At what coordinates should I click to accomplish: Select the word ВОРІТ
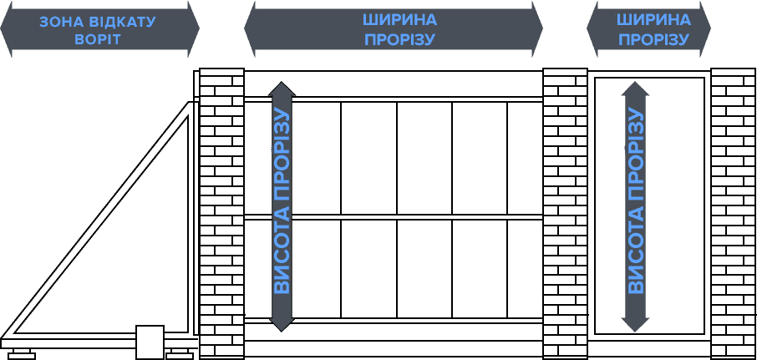click(x=98, y=39)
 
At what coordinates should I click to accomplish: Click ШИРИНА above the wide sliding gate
click(x=399, y=20)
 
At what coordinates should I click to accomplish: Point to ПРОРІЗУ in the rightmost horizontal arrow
click(x=653, y=39)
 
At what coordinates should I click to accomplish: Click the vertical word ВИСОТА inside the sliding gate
click(x=282, y=256)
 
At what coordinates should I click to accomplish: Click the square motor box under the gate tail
click(x=150, y=341)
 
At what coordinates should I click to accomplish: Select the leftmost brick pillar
click(x=221, y=213)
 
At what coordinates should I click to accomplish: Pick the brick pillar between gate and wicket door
click(x=565, y=213)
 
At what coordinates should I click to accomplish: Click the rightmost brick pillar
click(x=733, y=213)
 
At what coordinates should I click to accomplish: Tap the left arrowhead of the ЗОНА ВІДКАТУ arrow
click(x=6, y=28)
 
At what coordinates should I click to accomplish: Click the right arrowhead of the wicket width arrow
click(x=705, y=28)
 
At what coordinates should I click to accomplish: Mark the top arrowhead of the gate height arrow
click(x=282, y=89)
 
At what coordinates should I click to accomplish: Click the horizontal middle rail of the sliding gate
click(x=394, y=217)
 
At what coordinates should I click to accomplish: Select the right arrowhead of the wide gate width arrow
click(x=537, y=28)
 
